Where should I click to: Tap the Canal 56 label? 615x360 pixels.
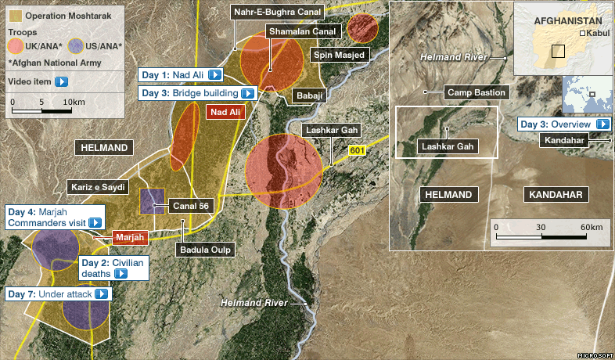pyautogui.click(x=191, y=206)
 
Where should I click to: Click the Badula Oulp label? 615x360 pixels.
pyautogui.click(x=207, y=250)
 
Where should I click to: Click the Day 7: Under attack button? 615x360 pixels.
pyautogui.click(x=57, y=294)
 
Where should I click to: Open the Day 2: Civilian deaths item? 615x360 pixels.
pyautogui.click(x=113, y=268)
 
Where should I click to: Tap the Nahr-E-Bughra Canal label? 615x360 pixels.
pyautogui.click(x=277, y=12)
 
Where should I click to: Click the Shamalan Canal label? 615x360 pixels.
pyautogui.click(x=302, y=31)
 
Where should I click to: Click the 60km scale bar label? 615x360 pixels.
pyautogui.click(x=591, y=226)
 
